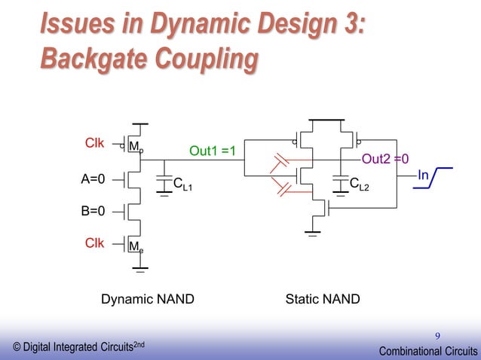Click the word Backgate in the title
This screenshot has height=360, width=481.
click(x=88, y=59)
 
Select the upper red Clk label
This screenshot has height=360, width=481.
click(x=94, y=142)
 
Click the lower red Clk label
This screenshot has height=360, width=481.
click(x=94, y=242)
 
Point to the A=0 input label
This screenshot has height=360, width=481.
click(x=92, y=179)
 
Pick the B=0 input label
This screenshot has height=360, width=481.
click(x=92, y=212)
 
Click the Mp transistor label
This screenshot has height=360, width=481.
click(x=136, y=146)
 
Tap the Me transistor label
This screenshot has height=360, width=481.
click(x=136, y=246)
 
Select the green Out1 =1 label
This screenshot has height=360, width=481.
click(x=213, y=151)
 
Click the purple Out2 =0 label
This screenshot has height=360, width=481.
click(x=385, y=159)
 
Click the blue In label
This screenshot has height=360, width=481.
click(x=423, y=175)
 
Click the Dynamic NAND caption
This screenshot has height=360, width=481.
click(x=148, y=299)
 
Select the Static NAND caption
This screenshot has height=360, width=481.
click(x=323, y=299)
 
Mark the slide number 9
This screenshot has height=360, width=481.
click(x=437, y=335)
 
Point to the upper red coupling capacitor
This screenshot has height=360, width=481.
click(x=282, y=163)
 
